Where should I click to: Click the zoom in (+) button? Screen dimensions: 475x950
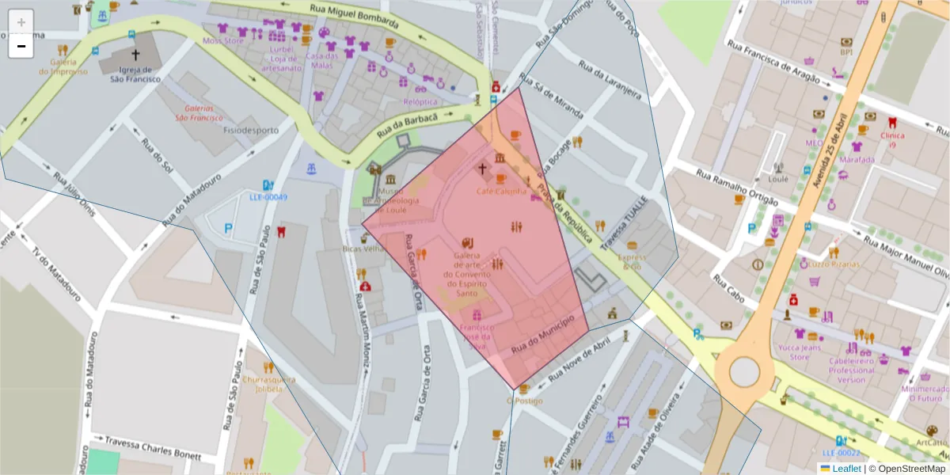tap(21, 22)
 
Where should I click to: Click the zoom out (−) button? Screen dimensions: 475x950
tap(21, 47)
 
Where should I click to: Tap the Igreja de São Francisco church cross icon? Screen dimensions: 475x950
tap(135, 55)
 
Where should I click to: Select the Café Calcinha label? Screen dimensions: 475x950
tap(501, 192)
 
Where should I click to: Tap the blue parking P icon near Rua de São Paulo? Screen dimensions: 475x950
tap(229, 229)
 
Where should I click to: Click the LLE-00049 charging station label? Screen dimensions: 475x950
tap(268, 197)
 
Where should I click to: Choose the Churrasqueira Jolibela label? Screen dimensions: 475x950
tap(268, 384)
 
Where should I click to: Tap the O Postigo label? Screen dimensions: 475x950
tap(524, 401)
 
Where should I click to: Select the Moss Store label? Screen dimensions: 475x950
tap(223, 40)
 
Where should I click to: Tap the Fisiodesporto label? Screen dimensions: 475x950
tap(251, 130)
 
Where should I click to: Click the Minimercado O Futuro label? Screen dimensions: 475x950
tap(924, 393)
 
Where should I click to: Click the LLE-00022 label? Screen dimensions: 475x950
tap(841, 453)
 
